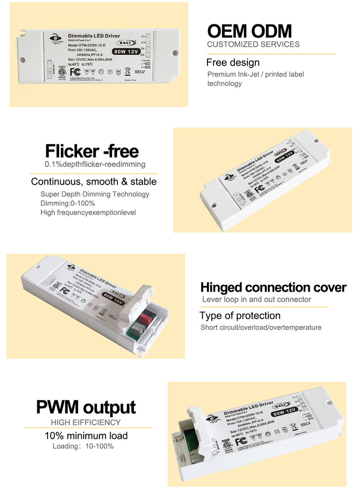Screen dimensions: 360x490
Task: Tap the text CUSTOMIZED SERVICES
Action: (253, 44)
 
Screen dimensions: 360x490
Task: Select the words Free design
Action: (233, 63)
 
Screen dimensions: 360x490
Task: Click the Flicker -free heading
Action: (92, 151)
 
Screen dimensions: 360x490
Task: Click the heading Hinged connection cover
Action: (273, 287)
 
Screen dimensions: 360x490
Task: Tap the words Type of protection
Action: (240, 315)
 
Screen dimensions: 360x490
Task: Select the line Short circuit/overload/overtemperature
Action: (261, 327)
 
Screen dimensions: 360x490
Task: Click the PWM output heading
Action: (86, 407)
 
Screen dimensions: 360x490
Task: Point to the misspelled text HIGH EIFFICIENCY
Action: (86, 422)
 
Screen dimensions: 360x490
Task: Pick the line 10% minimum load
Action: (86, 435)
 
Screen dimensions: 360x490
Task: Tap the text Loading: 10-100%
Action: (83, 446)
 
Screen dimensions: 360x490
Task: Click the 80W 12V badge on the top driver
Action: (127, 51)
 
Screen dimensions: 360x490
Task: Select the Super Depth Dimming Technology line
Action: (95, 194)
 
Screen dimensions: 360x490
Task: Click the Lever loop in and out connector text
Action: (256, 299)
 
